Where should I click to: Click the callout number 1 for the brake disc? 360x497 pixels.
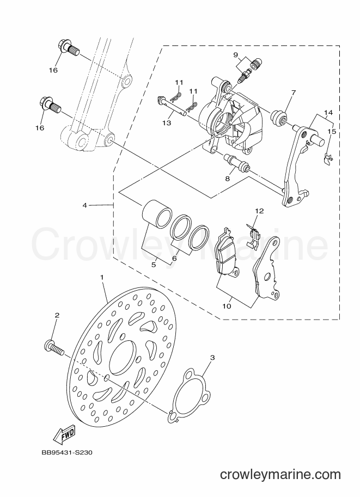[102, 277]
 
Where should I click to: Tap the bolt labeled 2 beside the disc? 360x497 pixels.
[54, 348]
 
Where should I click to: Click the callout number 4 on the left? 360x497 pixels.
[84, 205]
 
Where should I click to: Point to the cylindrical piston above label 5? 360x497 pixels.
[157, 213]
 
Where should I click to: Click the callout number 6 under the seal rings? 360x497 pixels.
[174, 259]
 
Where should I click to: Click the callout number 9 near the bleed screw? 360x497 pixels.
[244, 55]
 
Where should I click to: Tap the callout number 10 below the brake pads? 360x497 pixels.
[227, 306]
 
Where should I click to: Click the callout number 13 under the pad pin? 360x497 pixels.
[167, 122]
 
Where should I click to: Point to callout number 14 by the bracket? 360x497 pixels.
[328, 113]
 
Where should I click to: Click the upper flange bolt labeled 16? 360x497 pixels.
[68, 49]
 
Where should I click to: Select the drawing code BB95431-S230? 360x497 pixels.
[66, 452]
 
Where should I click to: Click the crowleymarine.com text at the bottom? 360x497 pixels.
[280, 475]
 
